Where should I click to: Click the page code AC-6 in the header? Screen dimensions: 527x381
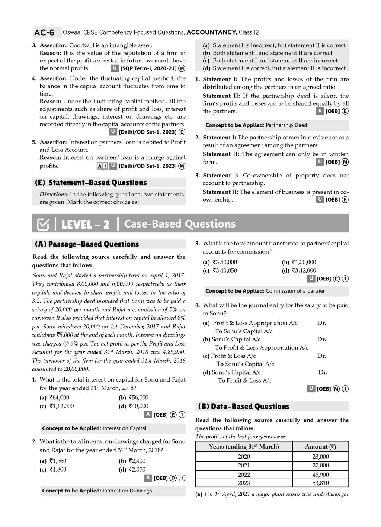(44, 33)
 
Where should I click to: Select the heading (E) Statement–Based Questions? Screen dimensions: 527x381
(91, 183)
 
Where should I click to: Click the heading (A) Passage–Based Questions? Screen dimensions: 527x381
(87, 244)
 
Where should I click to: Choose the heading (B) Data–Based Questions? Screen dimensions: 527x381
(244, 407)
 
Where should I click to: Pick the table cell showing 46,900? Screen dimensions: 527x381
(320, 475)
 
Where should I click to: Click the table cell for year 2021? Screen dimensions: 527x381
(244, 466)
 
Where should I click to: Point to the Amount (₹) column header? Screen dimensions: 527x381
(320, 447)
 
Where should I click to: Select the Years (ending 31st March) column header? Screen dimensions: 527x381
(244, 447)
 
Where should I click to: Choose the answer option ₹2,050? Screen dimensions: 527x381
(137, 469)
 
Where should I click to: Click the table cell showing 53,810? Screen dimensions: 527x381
(320, 483)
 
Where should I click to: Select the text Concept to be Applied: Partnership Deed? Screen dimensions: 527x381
(256, 125)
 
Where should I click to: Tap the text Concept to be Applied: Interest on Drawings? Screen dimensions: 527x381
(97, 491)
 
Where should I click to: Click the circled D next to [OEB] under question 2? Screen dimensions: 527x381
(173, 478)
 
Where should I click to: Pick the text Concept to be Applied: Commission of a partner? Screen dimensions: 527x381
(265, 291)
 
